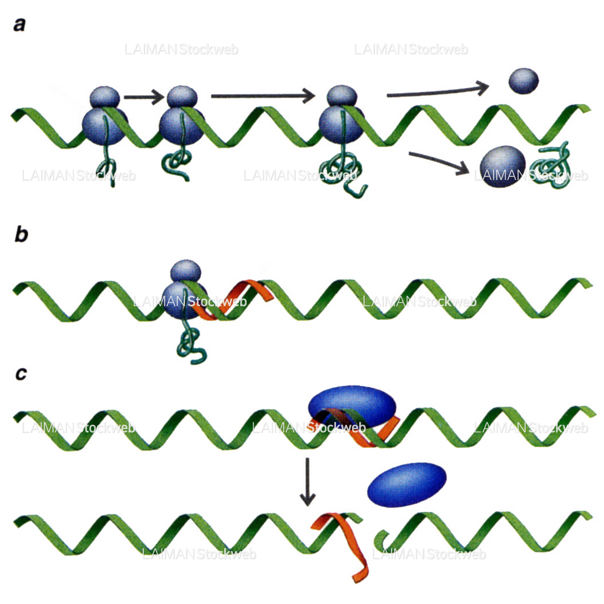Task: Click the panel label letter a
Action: click(19, 25)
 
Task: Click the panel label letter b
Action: click(21, 234)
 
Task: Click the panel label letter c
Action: click(21, 374)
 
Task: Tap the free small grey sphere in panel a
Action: click(523, 81)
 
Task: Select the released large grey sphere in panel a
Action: click(502, 166)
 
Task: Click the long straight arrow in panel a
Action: click(263, 95)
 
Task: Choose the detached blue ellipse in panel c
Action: click(407, 484)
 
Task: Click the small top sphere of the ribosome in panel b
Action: click(186, 271)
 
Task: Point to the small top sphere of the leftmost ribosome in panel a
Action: click(105, 97)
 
